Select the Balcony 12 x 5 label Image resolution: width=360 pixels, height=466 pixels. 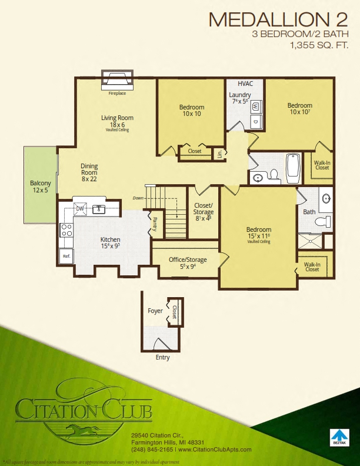point(41,187)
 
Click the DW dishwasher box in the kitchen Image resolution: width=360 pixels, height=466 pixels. point(80,208)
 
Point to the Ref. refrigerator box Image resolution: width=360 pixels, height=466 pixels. point(66,256)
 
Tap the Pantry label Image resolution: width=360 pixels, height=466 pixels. point(155,222)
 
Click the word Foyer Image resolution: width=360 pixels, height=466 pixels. point(155,311)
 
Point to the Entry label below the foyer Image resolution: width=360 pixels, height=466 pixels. point(162,357)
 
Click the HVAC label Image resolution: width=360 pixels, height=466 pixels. point(245,84)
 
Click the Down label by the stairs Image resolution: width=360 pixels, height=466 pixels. point(138,198)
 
